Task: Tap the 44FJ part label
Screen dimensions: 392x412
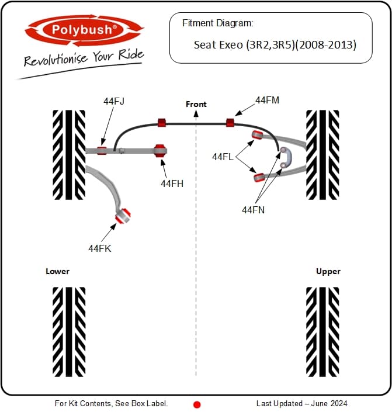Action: point(113,101)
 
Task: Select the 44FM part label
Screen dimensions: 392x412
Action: point(267,100)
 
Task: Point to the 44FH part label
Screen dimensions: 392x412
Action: point(172,184)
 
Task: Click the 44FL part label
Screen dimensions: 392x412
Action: point(223,157)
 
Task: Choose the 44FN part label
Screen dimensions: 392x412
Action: point(254,210)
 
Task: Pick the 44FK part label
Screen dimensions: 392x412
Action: point(100,248)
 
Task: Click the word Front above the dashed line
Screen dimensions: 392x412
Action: point(196,104)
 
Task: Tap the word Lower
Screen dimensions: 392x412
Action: point(57,271)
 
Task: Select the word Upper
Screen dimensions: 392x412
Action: point(328,272)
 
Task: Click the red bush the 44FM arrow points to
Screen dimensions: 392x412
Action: point(230,123)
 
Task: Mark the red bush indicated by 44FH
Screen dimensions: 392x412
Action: point(159,151)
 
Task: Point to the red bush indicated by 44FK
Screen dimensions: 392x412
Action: point(123,216)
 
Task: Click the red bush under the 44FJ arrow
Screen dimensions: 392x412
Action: point(102,151)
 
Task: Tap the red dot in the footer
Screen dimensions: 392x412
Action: point(197,404)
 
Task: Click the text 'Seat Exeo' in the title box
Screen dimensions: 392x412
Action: point(218,45)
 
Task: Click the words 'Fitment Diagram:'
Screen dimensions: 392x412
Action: point(217,23)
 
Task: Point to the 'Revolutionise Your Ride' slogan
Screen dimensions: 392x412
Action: point(84,58)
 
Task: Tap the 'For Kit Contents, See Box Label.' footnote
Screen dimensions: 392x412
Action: point(111,403)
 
